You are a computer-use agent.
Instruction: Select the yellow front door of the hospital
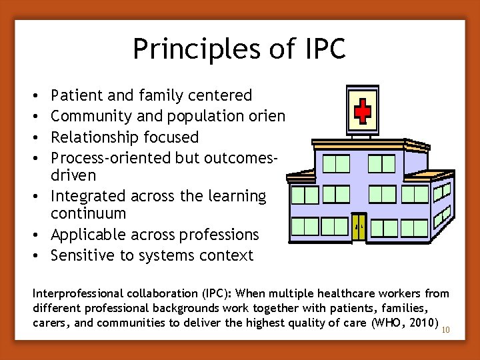pos(359,227)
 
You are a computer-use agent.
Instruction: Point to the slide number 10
pos(447,329)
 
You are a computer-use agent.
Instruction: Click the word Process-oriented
pos(111,158)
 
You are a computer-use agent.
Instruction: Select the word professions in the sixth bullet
pos(222,235)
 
